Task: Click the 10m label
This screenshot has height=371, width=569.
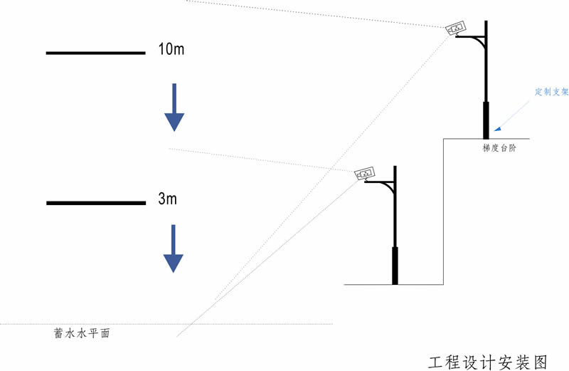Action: click(171, 49)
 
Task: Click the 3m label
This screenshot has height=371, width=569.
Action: click(167, 199)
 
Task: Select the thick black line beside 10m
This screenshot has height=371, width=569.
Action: click(95, 53)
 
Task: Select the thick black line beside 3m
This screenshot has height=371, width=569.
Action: click(95, 203)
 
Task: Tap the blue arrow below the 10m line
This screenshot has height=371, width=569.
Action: click(174, 107)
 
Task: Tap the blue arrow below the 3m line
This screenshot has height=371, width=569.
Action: click(174, 249)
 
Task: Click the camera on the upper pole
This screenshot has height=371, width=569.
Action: click(455, 28)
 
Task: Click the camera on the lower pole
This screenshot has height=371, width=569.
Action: click(365, 173)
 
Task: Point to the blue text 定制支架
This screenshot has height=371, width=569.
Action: click(551, 92)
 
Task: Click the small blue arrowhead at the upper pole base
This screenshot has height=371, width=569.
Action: click(497, 129)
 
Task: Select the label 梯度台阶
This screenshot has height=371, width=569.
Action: click(499, 149)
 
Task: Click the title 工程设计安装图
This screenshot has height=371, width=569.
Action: click(488, 361)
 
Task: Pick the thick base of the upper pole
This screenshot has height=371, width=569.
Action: click(486, 120)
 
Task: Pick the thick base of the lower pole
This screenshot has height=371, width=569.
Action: click(395, 266)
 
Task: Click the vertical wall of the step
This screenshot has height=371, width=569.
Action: click(444, 214)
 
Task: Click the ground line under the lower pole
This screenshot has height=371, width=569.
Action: click(370, 285)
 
